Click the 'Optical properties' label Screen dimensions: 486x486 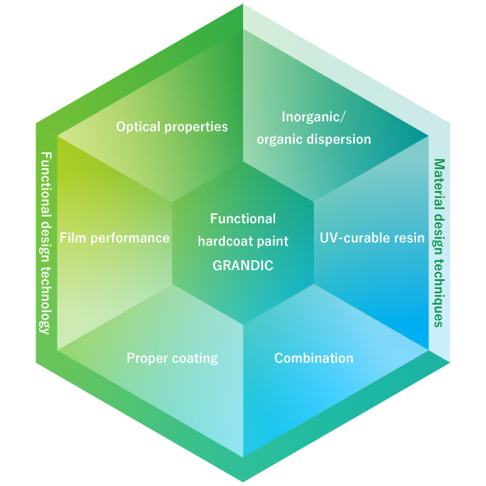point(171,127)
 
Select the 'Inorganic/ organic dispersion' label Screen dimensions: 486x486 point(314,128)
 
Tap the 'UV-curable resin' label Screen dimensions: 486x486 point(372,238)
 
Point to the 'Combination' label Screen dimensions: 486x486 point(313,358)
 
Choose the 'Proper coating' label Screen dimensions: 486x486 point(171,358)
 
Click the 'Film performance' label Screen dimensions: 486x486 point(114,238)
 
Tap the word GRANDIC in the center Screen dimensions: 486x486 point(242,266)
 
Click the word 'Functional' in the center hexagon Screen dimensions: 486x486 point(243,218)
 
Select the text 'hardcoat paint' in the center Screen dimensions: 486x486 point(242,242)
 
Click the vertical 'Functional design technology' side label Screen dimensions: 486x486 point(47,243)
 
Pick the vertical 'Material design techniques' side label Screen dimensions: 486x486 point(439,243)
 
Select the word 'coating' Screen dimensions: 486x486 point(195,358)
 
